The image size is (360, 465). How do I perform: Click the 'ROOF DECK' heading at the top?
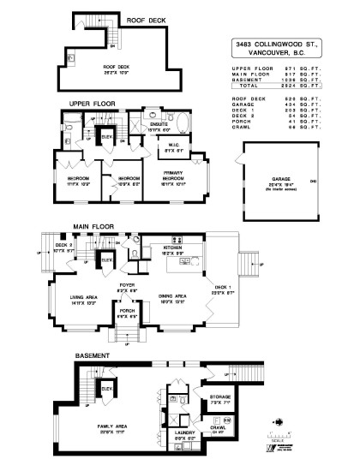146,20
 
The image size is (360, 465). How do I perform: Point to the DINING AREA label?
174,297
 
